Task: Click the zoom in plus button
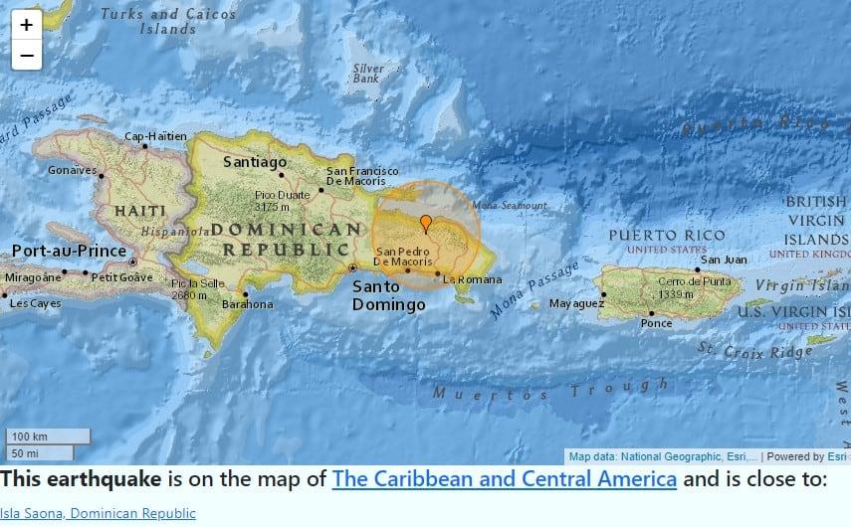tap(26, 25)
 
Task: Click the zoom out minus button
tap(26, 56)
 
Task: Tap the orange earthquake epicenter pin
tap(426, 222)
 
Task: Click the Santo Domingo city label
tap(388, 295)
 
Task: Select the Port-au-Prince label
tap(69, 251)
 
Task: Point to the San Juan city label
tap(724, 260)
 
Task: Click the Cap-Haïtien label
tap(154, 136)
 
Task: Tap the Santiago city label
tap(255, 161)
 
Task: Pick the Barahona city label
tap(246, 304)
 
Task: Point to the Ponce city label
tap(656, 323)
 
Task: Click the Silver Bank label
tap(367, 74)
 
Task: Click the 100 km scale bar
tap(49, 437)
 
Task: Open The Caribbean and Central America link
tap(505, 479)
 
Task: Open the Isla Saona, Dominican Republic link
tap(98, 514)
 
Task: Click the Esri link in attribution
tap(838, 456)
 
